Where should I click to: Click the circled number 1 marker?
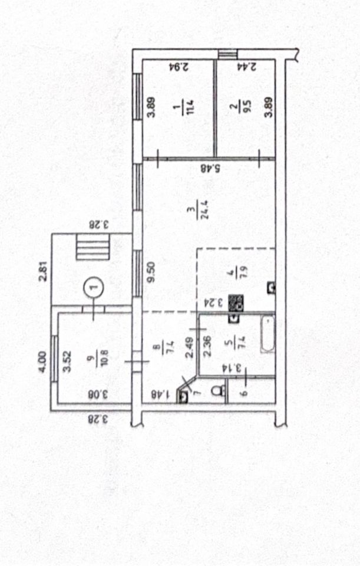pyautogui.click(x=94, y=287)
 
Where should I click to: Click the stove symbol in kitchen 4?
pyautogui.click(x=236, y=303)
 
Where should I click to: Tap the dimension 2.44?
pyautogui.click(x=247, y=67)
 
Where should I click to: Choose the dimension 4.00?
pyautogui.click(x=43, y=362)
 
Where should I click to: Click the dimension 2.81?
pyautogui.click(x=43, y=271)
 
